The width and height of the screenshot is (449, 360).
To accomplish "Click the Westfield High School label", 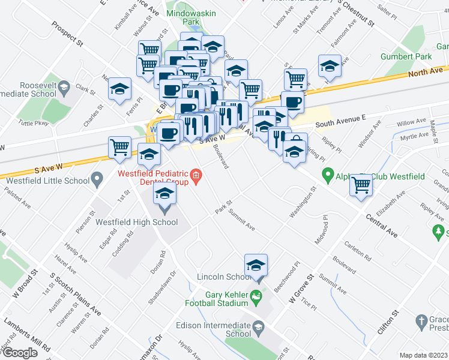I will point(137,222).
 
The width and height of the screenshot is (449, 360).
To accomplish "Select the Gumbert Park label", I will point(406,56).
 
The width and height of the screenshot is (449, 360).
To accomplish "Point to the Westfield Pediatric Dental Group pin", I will point(196,176).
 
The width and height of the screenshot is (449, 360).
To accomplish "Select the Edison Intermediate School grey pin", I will point(259,327).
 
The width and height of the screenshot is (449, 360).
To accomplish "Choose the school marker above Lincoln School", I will point(256,266).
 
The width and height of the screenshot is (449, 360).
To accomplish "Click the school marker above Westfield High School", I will point(164,196).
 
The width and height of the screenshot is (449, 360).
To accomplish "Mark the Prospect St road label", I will point(67,34).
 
